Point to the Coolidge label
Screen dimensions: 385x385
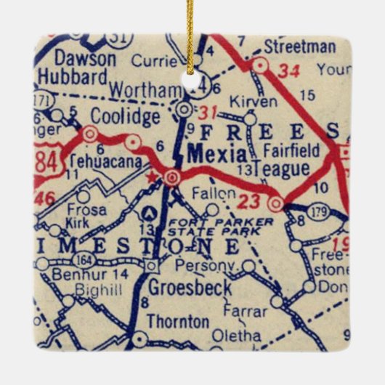point(124,116)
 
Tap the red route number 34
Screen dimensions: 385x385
point(288,70)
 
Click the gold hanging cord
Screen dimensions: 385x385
point(190,36)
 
